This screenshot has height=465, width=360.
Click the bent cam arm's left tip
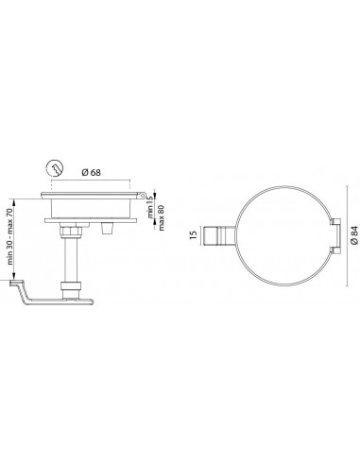(12, 282)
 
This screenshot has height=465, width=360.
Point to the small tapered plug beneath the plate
(105, 228)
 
